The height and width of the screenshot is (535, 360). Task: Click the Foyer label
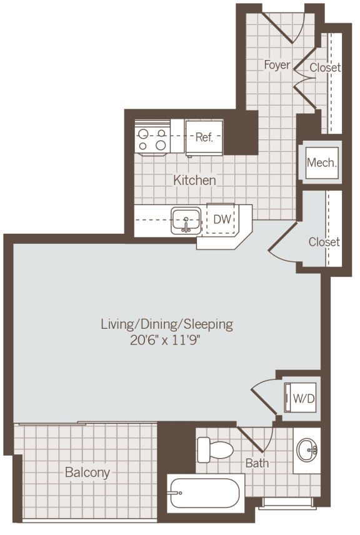pyautogui.click(x=277, y=64)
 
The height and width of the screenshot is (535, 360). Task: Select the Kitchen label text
pyautogui.click(x=194, y=180)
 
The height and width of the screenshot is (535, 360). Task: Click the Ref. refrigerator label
pyautogui.click(x=204, y=137)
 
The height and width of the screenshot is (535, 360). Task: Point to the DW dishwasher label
pyautogui.click(x=221, y=219)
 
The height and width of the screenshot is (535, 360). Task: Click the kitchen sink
pyautogui.click(x=186, y=221)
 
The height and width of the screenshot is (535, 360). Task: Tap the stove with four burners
pyautogui.click(x=152, y=139)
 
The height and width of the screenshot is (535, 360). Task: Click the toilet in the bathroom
pyautogui.click(x=213, y=449)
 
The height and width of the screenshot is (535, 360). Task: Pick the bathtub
pyautogui.click(x=203, y=492)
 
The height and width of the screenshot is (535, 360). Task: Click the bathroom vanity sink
pyautogui.click(x=306, y=448)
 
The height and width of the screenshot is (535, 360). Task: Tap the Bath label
pyautogui.click(x=257, y=463)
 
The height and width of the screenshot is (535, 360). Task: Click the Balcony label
pyautogui.click(x=87, y=472)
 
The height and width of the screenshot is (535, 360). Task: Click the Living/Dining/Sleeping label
pyautogui.click(x=167, y=324)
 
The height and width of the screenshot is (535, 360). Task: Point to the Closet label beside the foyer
pyautogui.click(x=325, y=67)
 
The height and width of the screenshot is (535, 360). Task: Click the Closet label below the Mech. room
pyautogui.click(x=324, y=241)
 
